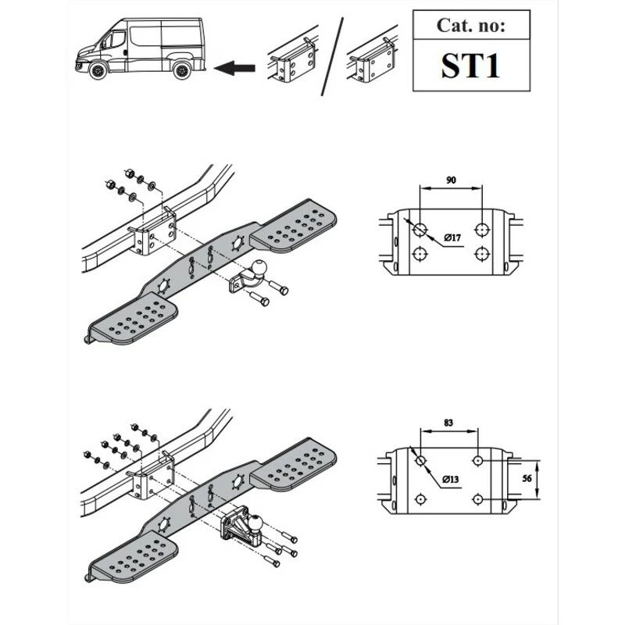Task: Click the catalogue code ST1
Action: click(x=470, y=66)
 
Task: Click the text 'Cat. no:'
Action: click(x=471, y=25)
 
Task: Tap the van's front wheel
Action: click(x=98, y=71)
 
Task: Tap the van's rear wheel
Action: click(x=182, y=71)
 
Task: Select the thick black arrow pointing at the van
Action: click(x=234, y=68)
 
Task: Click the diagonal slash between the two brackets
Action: click(x=332, y=56)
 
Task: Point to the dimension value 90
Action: click(x=451, y=180)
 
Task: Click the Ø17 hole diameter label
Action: click(x=452, y=238)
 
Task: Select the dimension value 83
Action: click(x=448, y=422)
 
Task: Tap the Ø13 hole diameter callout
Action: click(x=451, y=479)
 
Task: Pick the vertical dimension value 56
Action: click(x=527, y=478)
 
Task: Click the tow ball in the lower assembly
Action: click(x=255, y=521)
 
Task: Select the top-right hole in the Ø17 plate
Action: click(x=482, y=230)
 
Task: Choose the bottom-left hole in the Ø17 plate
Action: click(x=420, y=253)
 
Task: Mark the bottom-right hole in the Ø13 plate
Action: click(x=477, y=499)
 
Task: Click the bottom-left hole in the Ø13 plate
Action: click(x=420, y=499)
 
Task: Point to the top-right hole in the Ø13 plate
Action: click(x=477, y=461)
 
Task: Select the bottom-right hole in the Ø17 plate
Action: click(x=482, y=253)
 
